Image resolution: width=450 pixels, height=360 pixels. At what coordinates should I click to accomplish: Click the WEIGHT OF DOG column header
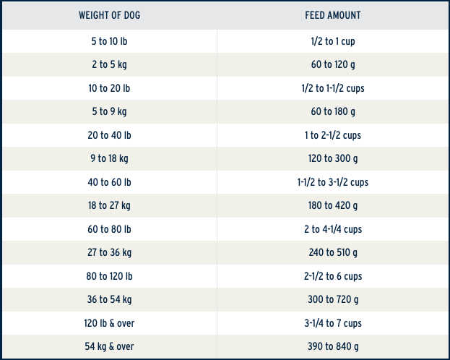(x=109, y=15)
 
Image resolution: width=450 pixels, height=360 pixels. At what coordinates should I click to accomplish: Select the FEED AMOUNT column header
(x=332, y=15)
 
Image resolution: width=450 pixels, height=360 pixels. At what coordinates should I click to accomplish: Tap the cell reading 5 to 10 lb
(x=109, y=41)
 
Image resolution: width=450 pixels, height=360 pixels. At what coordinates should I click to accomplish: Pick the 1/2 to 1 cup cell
(x=333, y=42)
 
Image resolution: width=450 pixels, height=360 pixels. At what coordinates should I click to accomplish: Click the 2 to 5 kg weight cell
(x=109, y=64)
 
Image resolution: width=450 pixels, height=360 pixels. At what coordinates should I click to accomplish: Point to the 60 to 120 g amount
(x=333, y=64)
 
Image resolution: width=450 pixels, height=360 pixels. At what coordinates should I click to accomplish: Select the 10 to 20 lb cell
(x=109, y=88)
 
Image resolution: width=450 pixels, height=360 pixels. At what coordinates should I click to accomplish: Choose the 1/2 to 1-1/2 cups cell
(x=333, y=88)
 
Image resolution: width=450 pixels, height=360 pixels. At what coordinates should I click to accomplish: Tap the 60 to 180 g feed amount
(x=333, y=111)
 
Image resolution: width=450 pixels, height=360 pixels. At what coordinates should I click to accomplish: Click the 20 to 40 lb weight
(x=109, y=135)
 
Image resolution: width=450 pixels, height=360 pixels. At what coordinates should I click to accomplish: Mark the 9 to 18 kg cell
(x=109, y=158)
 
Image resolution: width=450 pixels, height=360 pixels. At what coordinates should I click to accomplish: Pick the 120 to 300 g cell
(x=333, y=158)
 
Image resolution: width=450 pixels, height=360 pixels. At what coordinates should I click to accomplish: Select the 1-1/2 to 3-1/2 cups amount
(x=333, y=182)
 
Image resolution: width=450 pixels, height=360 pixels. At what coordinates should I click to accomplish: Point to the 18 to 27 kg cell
(x=109, y=206)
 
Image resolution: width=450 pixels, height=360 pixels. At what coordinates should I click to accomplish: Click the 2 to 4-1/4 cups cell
(x=333, y=230)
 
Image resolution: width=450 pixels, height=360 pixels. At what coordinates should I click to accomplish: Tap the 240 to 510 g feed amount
(x=333, y=252)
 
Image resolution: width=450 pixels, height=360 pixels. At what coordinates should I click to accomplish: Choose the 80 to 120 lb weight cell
(x=109, y=276)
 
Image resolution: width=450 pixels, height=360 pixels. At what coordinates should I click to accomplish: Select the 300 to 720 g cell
(x=333, y=300)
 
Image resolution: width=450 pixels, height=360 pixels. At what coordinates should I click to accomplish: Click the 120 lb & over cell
(x=109, y=323)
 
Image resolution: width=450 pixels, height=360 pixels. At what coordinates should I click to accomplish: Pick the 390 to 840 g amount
(x=333, y=346)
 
